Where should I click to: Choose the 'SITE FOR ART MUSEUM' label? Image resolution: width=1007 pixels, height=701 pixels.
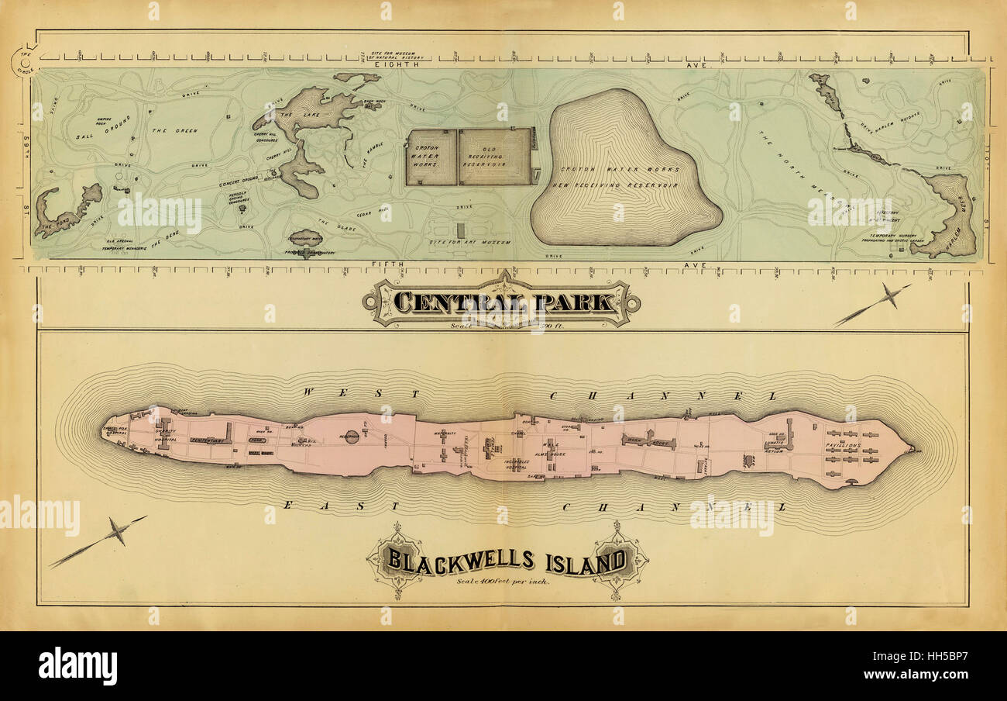click(470, 243)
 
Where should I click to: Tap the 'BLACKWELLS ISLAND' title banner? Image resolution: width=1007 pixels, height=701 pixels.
click(507, 559)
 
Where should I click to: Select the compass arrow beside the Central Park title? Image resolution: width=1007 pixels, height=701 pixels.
click(875, 305)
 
